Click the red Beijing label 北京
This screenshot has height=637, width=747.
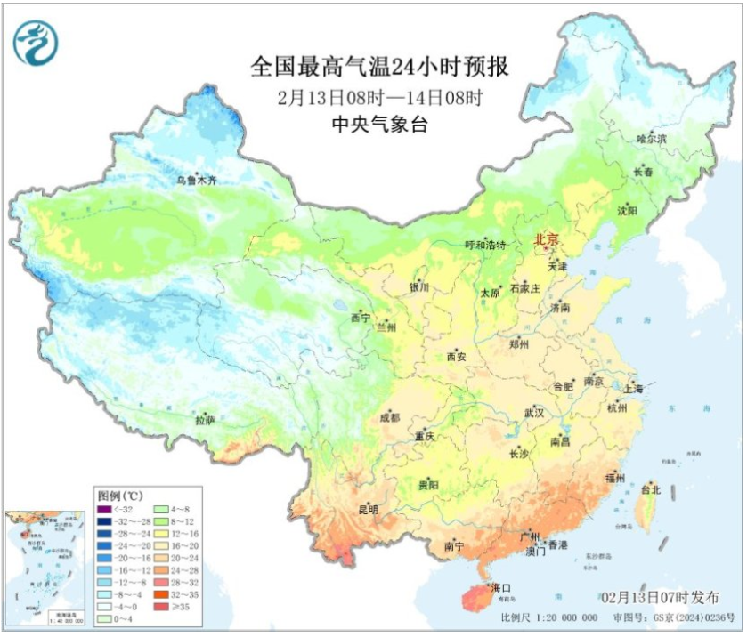coord(545,240)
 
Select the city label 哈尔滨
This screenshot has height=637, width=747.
coord(652,140)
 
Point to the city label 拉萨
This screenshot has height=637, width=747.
coord(206,418)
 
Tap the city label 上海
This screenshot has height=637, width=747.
coord(634,389)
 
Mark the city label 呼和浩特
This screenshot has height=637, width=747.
coord(485,245)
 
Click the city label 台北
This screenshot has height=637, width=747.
coord(651,489)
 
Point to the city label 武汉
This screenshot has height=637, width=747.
coord(533,413)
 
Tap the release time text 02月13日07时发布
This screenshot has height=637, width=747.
coord(660,597)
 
